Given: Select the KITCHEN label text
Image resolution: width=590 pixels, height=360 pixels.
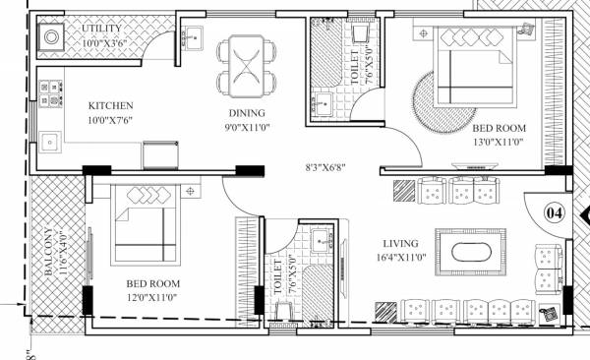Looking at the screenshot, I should pyautogui.click(x=110, y=106).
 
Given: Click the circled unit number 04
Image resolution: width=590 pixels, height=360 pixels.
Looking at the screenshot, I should pyautogui.click(x=555, y=211).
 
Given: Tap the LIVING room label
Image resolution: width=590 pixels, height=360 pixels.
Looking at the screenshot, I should pyautogui.click(x=402, y=243).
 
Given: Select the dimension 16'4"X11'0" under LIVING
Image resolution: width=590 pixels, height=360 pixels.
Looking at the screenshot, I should pyautogui.click(x=402, y=258).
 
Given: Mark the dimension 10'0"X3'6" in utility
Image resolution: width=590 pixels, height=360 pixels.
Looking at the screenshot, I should pyautogui.click(x=105, y=43).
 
